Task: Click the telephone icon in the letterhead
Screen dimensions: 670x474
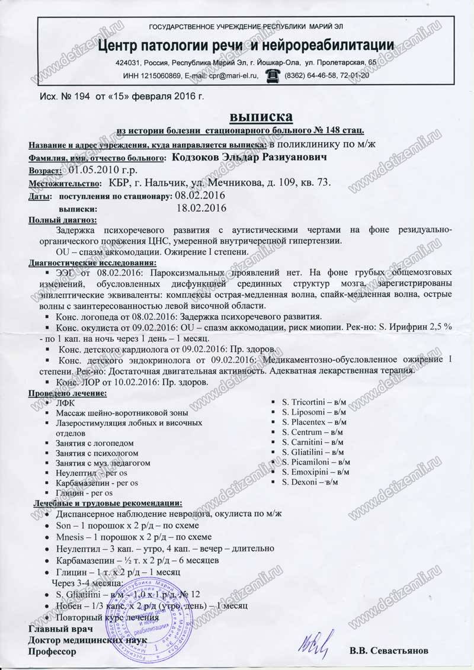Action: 273,75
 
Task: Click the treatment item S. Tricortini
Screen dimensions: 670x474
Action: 306,403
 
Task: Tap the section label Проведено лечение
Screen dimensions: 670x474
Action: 68,393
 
